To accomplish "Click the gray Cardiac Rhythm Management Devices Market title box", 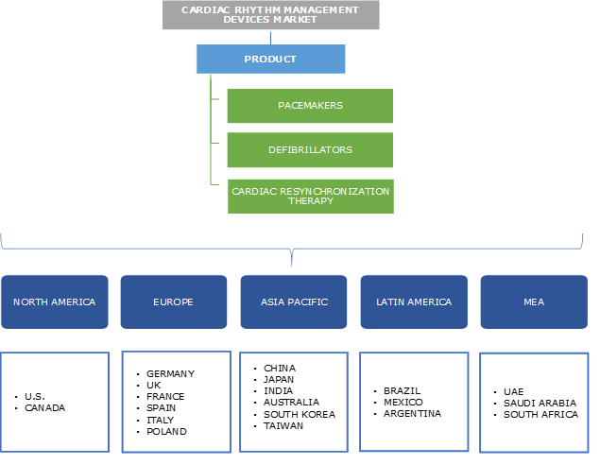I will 270,15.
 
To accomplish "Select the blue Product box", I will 270,59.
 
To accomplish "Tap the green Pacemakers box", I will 310,105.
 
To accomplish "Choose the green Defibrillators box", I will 310,149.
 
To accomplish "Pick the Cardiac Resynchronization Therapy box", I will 310,196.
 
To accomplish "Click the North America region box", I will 55,302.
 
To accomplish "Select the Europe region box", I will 174,302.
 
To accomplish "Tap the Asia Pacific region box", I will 294,302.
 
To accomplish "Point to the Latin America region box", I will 414,302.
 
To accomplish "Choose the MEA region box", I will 534,302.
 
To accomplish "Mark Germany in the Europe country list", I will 171,373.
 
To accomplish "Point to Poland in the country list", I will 166,431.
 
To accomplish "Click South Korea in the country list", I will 300,414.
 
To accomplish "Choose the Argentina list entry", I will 413,413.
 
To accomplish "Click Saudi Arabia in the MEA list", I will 540,403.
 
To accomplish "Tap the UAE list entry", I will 514,391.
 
